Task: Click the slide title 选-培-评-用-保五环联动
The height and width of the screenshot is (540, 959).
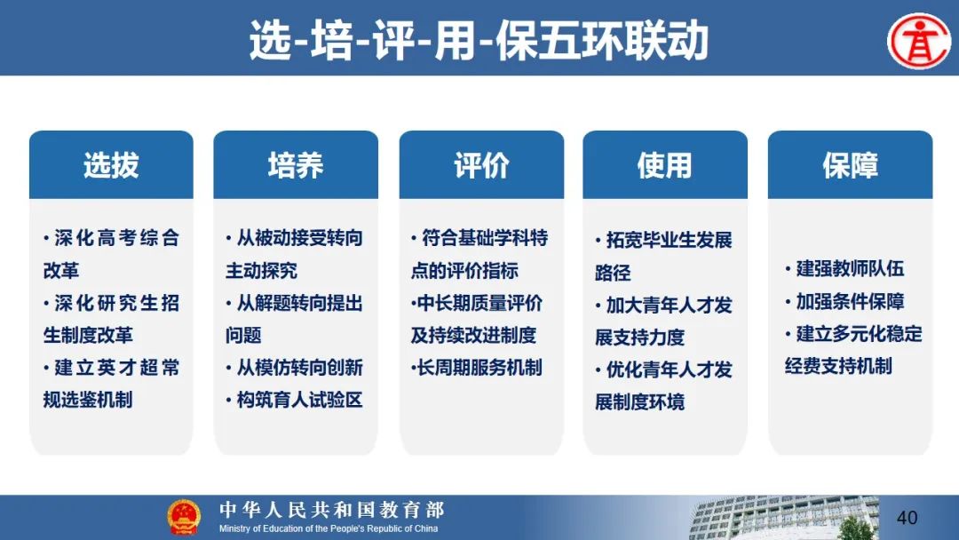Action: click(x=479, y=40)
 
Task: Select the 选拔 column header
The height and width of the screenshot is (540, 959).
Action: click(x=111, y=165)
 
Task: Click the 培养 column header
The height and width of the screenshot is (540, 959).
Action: click(x=296, y=165)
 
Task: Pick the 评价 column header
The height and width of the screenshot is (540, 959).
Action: click(x=481, y=165)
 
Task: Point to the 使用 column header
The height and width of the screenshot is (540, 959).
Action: click(x=665, y=165)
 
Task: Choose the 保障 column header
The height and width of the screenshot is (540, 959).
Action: click(x=850, y=165)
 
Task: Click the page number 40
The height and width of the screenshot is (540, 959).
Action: click(x=907, y=518)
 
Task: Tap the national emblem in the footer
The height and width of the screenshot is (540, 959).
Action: click(x=184, y=518)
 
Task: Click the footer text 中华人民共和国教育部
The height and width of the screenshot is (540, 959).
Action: click(x=332, y=510)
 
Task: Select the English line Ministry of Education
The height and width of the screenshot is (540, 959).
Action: click(x=329, y=528)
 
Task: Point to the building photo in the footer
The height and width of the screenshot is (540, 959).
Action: click(x=784, y=518)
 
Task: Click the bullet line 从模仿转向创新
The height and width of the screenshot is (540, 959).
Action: click(x=294, y=368)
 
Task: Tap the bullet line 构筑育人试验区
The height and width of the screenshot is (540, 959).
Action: click(x=294, y=400)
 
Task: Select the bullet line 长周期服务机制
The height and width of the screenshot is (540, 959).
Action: click(x=477, y=368)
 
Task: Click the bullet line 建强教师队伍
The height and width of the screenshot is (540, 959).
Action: click(x=844, y=268)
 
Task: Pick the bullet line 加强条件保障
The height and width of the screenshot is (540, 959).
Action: click(x=844, y=301)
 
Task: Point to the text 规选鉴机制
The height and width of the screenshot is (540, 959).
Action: click(x=87, y=400)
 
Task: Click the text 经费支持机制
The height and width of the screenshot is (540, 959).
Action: click(x=838, y=366)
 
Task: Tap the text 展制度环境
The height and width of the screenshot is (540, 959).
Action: click(x=639, y=401)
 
